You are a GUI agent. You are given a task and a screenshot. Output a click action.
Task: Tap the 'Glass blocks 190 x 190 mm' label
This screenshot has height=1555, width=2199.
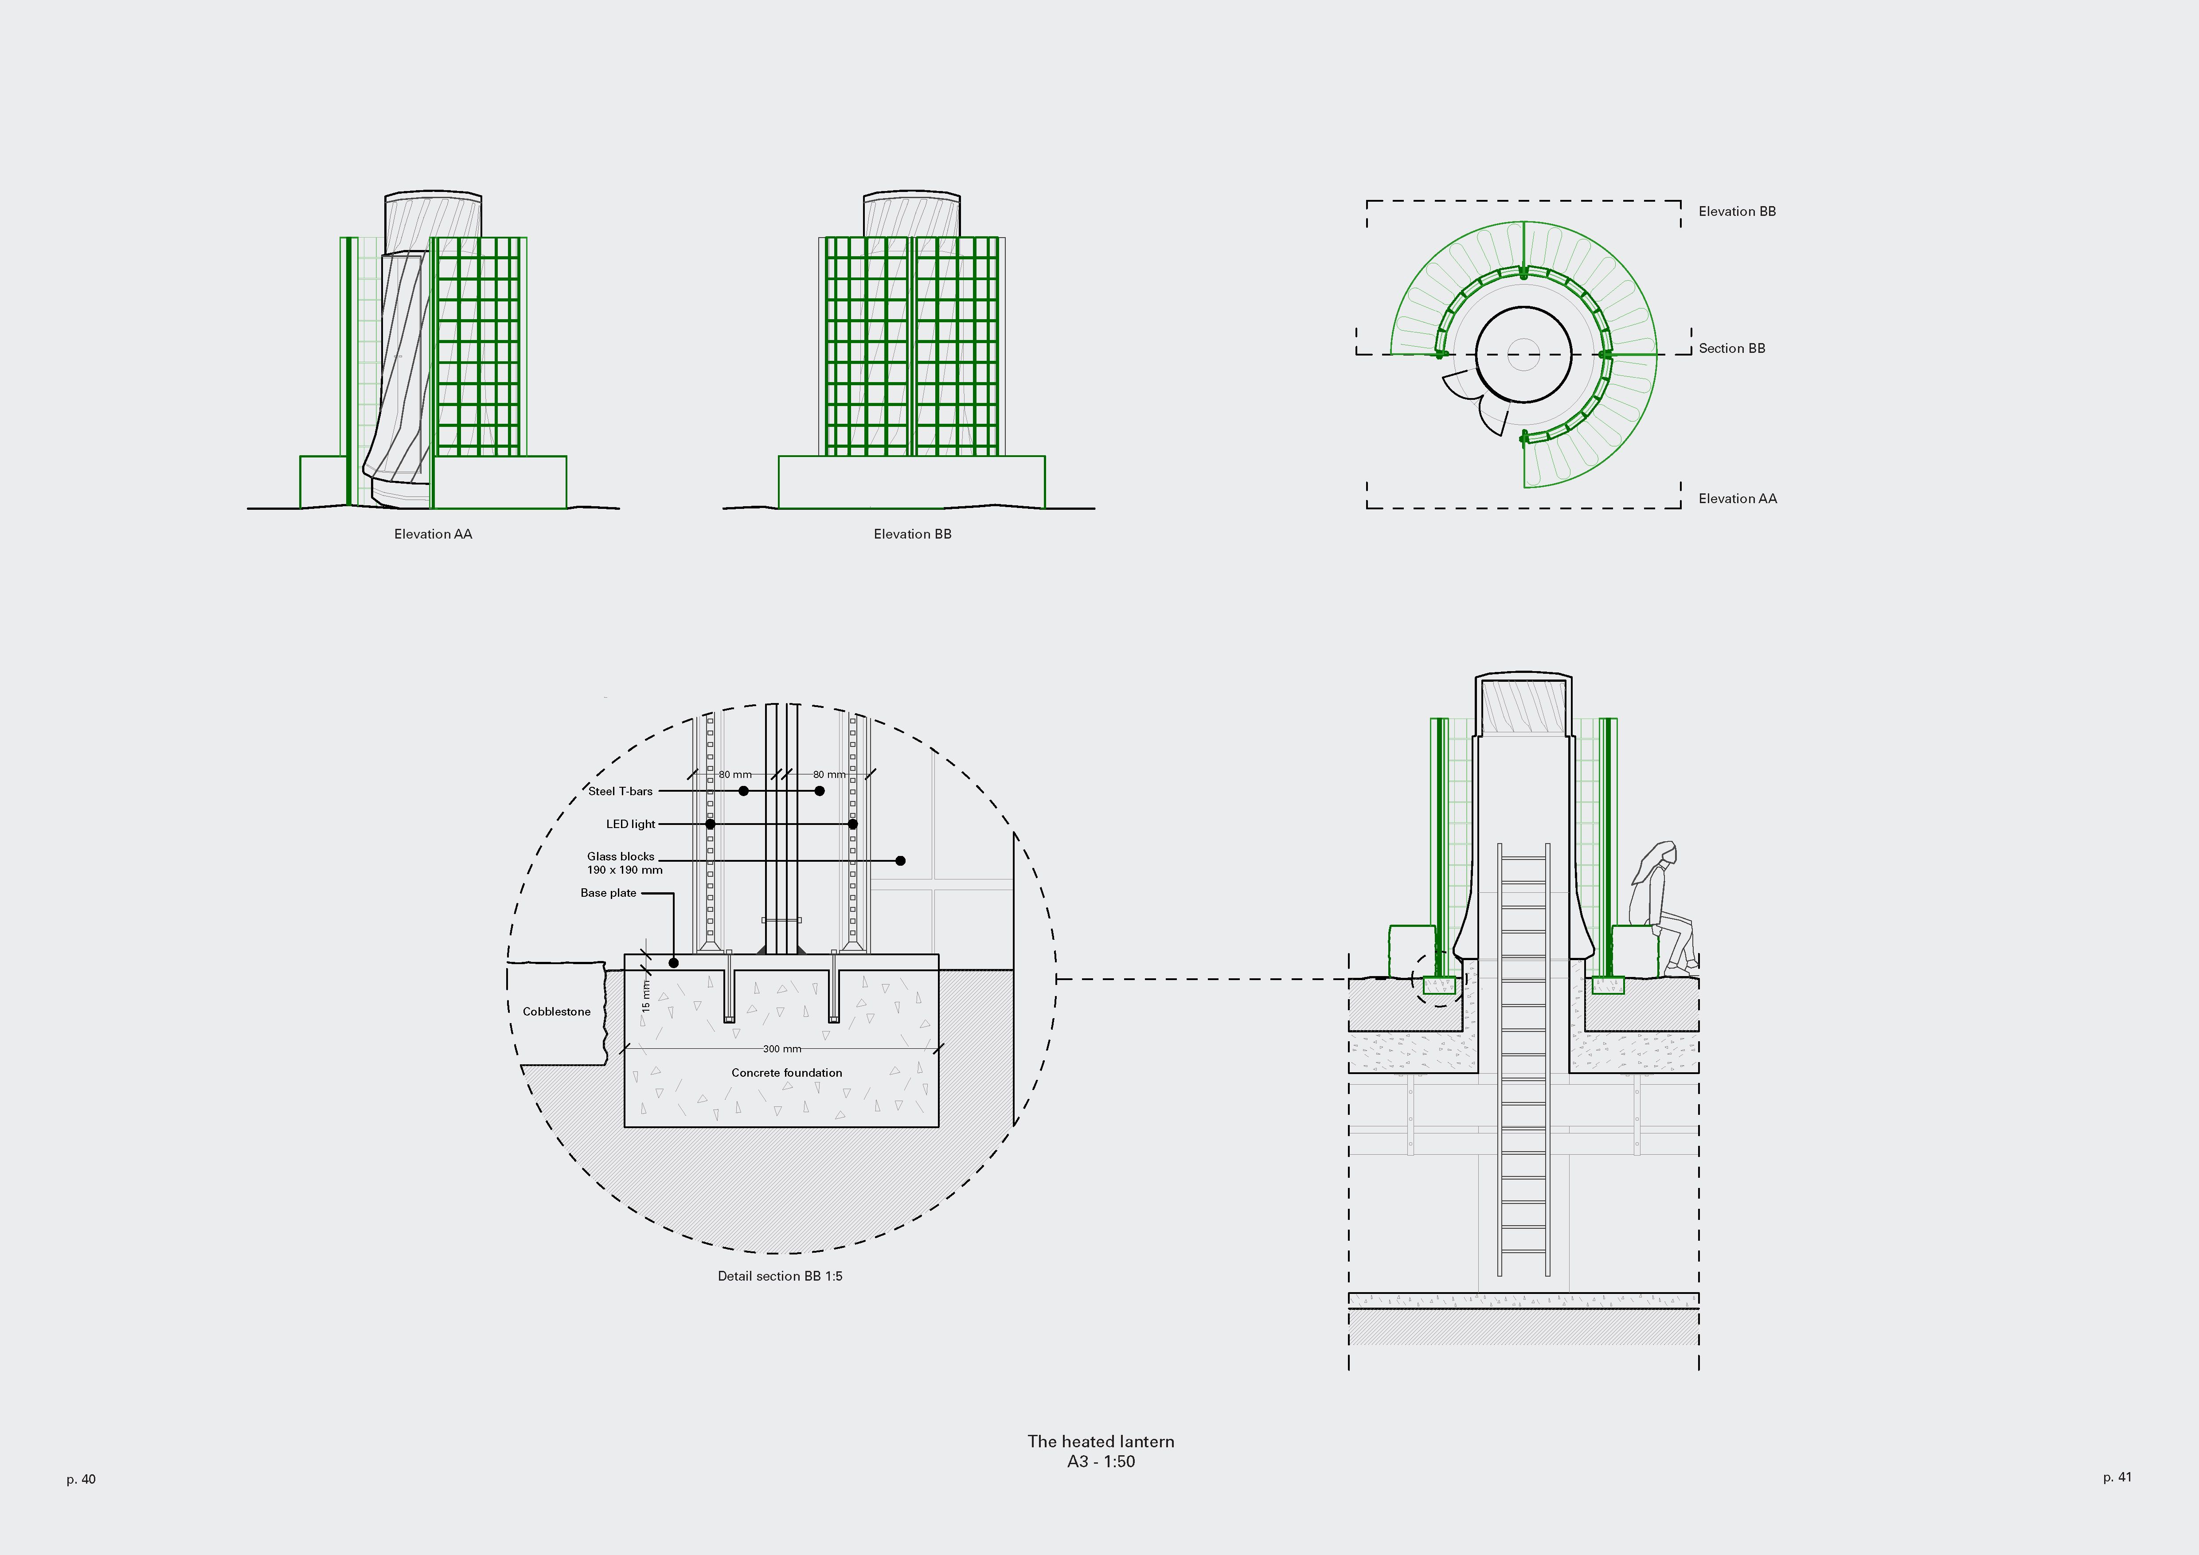625,863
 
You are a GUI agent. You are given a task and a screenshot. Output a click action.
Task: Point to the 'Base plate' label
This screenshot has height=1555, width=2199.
608,892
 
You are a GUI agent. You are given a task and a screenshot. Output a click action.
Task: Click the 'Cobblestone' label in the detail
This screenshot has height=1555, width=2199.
556,1011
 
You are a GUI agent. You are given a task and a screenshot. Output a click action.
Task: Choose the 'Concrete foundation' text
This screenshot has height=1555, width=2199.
786,1072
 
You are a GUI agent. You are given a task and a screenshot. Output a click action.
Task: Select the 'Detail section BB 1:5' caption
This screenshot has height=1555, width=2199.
780,1275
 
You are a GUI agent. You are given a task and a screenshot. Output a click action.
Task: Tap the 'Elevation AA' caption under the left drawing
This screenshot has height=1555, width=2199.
433,533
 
